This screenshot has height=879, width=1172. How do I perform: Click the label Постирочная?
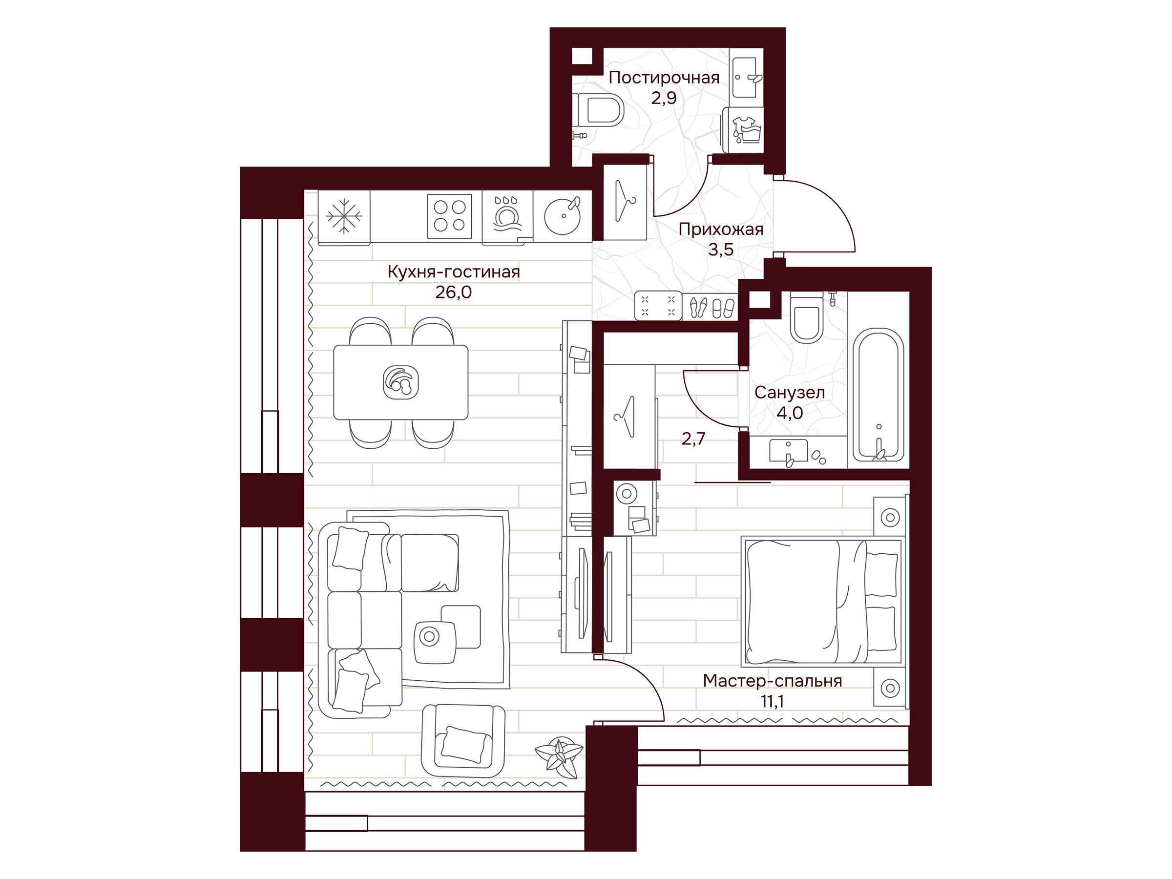pos(663,78)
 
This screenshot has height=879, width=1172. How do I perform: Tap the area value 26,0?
pos(453,292)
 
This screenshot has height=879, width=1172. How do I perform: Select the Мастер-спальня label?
pos(772,681)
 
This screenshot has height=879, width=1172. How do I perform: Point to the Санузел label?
pos(790,393)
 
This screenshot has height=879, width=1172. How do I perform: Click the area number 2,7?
pos(693,439)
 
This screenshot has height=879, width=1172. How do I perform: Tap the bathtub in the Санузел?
pos(878,395)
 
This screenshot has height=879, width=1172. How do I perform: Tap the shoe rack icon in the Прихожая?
pos(712,307)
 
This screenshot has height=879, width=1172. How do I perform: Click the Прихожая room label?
pos(721,230)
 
